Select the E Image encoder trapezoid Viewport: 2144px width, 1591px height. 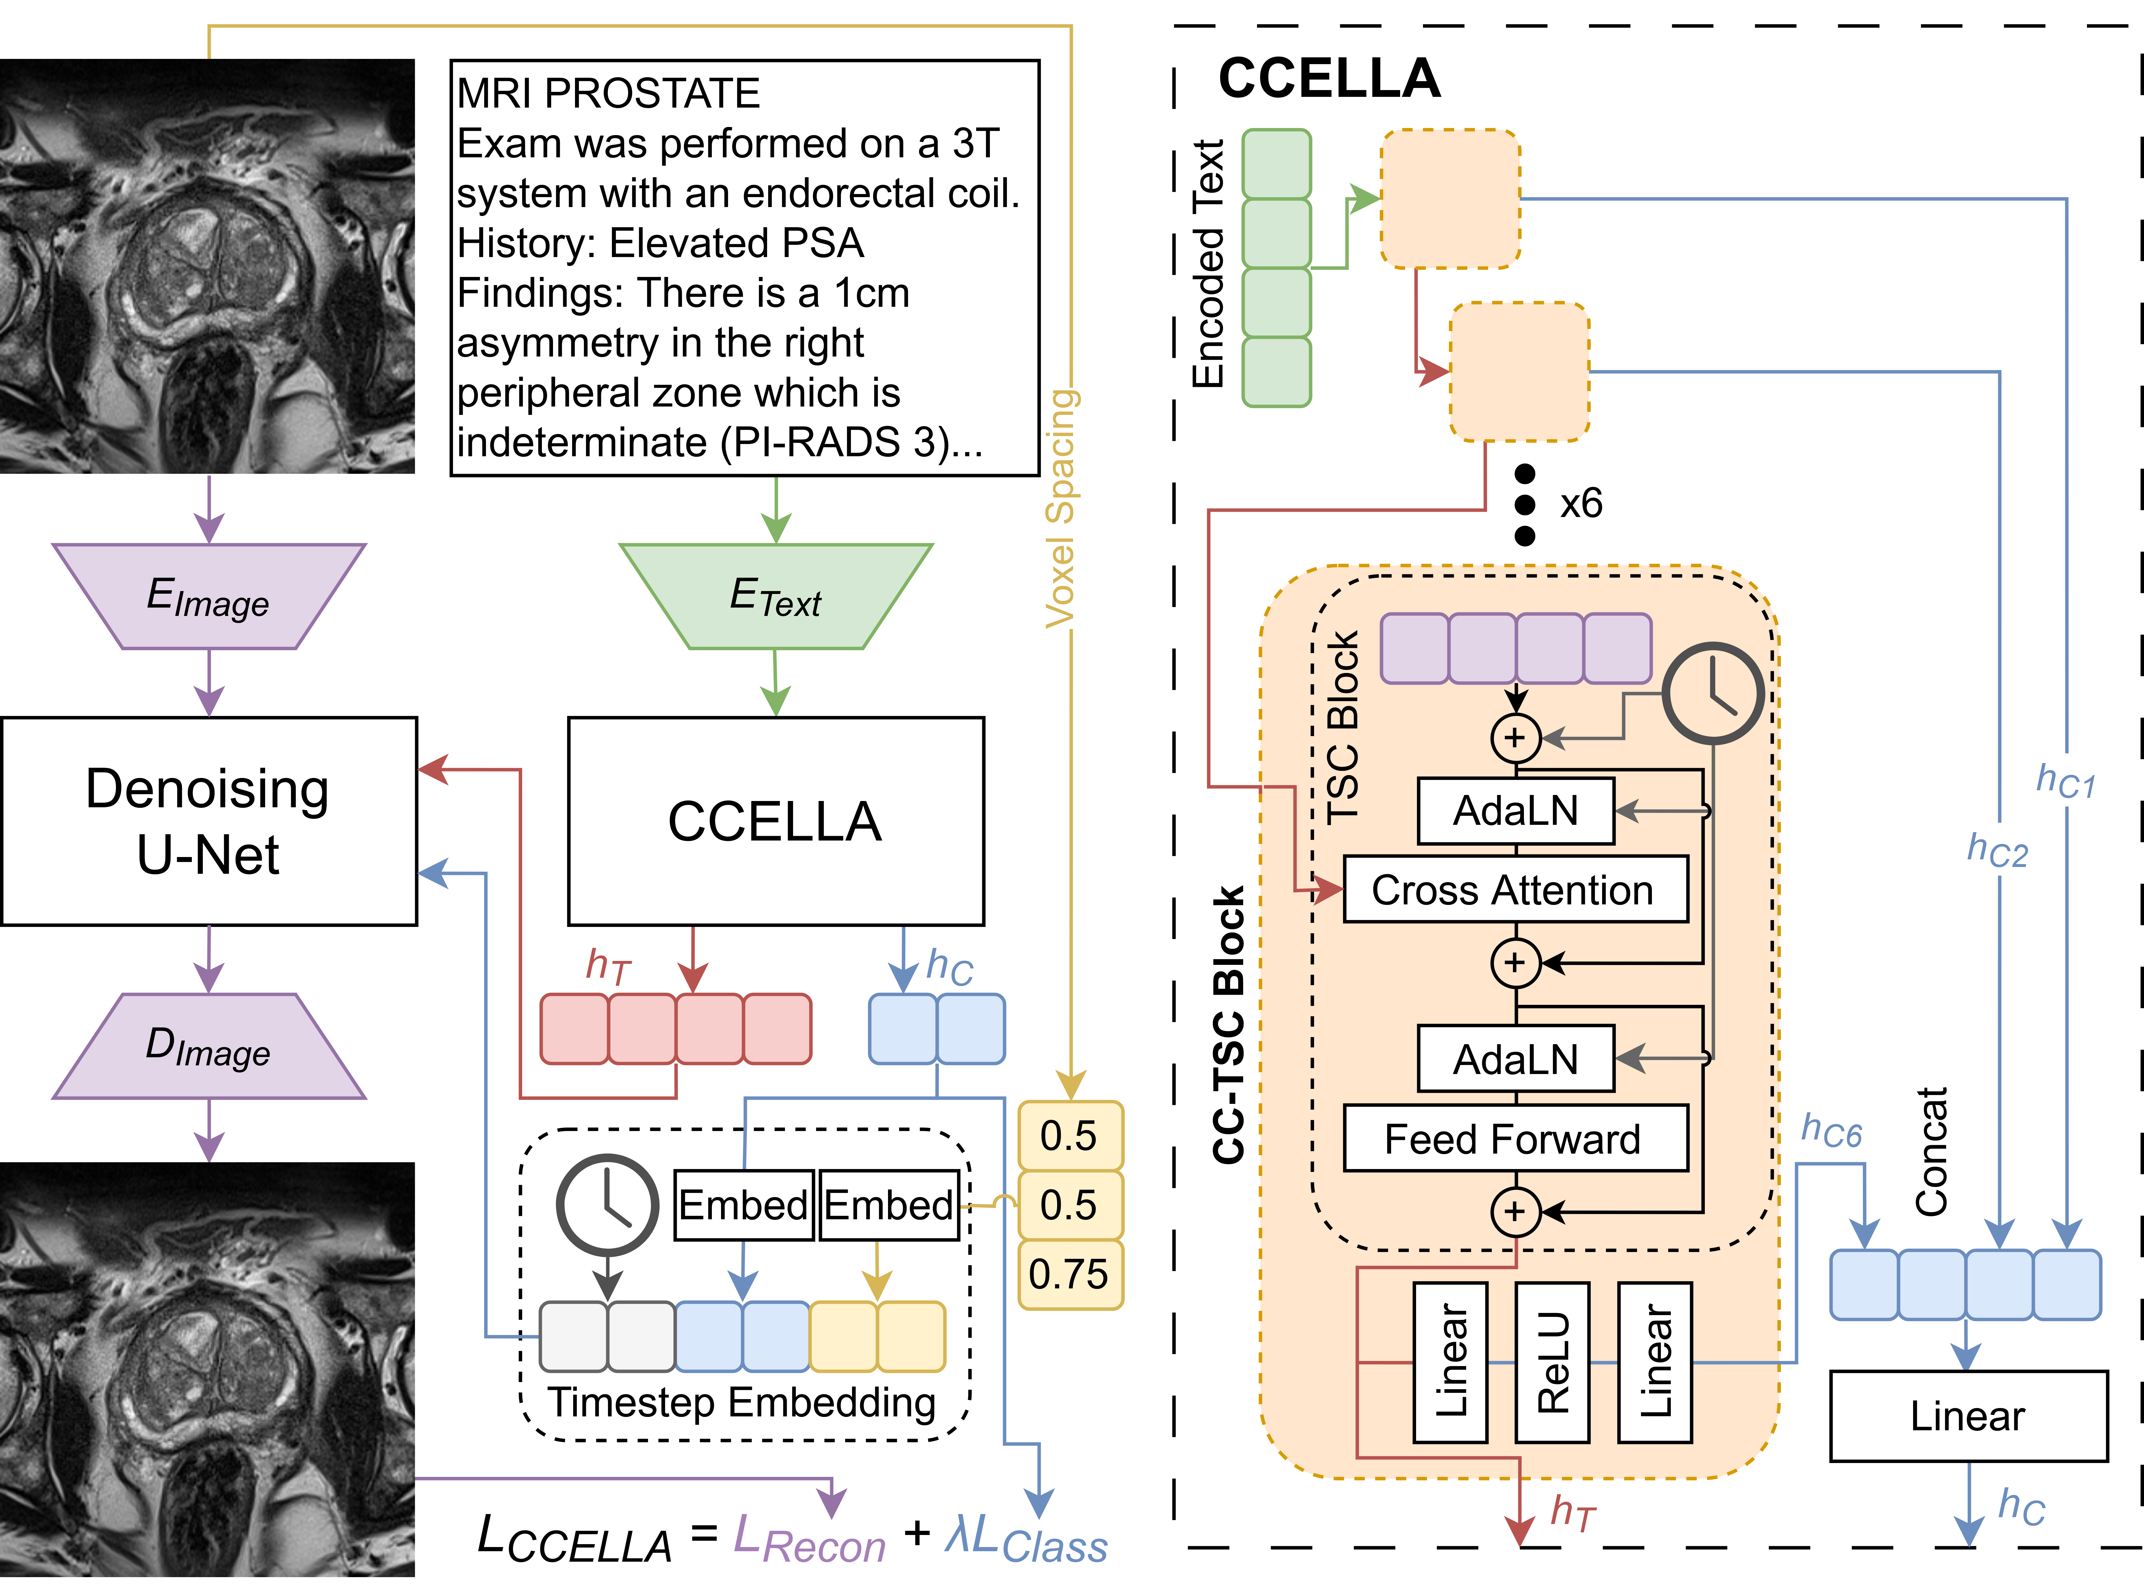coord(208,597)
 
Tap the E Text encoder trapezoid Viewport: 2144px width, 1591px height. coord(775,597)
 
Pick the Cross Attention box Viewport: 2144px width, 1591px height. coord(1514,890)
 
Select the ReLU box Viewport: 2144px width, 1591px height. coord(1551,1362)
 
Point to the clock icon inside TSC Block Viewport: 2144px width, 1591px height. coord(1713,693)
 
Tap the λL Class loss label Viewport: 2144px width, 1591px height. coord(1026,1539)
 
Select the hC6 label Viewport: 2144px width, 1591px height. coord(1831,1131)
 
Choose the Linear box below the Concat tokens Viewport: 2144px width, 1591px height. coord(1968,1416)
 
